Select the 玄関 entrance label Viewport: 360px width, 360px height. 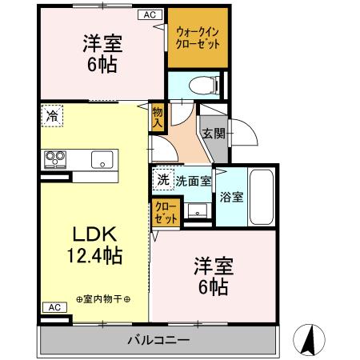[x=212, y=134]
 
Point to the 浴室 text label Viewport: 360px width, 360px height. [x=230, y=194]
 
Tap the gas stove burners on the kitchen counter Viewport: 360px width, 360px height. [x=54, y=158]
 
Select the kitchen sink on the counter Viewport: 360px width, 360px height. [x=102, y=158]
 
